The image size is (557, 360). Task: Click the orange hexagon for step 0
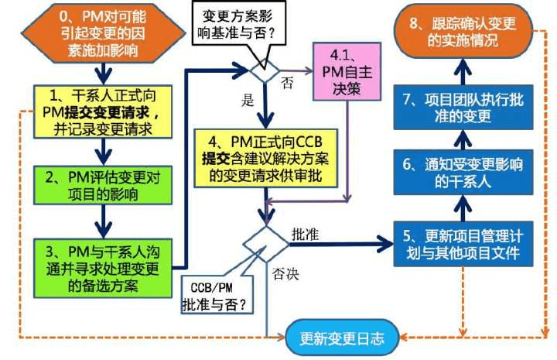point(104,33)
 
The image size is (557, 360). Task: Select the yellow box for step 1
point(103,111)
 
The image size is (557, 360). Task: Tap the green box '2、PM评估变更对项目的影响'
point(103,185)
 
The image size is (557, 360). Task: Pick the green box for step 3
point(103,269)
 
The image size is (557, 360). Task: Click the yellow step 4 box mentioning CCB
point(265,158)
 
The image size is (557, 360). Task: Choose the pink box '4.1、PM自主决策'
point(347,71)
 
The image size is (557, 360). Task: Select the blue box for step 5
point(463,244)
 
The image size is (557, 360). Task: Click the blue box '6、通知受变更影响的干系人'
point(463,173)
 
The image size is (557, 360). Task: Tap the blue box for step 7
point(463,107)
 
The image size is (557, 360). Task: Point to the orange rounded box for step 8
point(463,32)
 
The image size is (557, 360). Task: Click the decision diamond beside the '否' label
point(265,71)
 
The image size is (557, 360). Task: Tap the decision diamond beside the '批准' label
point(265,244)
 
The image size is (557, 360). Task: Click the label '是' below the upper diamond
point(248,100)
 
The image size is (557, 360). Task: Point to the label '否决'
point(285,274)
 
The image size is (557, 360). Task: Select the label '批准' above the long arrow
point(305,235)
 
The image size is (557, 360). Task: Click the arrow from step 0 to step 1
point(104,74)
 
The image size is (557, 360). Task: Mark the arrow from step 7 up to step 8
point(463,71)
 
